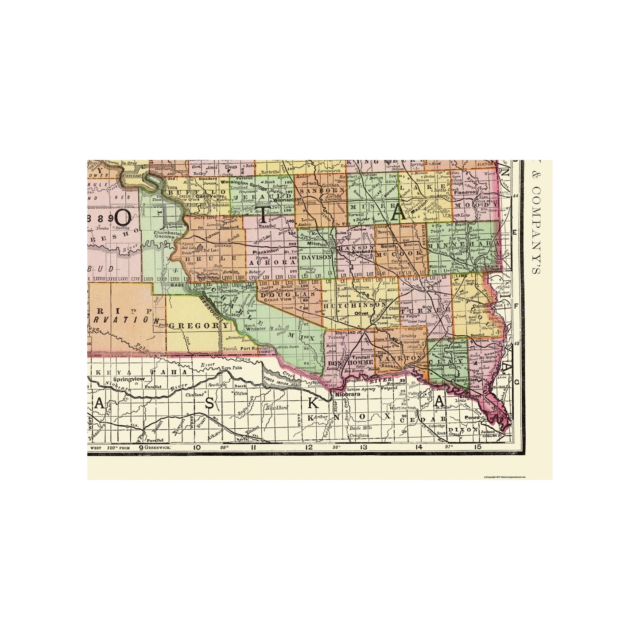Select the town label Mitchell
(315, 244)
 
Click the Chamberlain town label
(169, 233)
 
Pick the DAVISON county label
(316, 257)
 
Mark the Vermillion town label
(464, 380)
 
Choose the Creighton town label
(360, 436)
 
